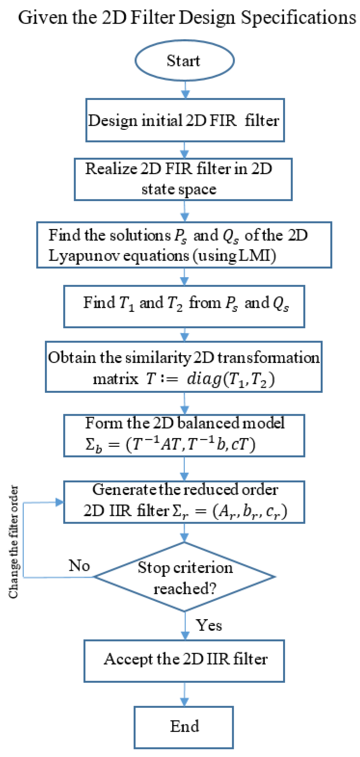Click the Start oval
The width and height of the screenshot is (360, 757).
pyautogui.click(x=184, y=61)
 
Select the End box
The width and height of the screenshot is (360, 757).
pyautogui.click(x=184, y=727)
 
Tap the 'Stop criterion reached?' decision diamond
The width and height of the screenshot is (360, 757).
pyautogui.click(x=184, y=577)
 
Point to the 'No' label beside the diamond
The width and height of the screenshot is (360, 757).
pyautogui.click(x=79, y=566)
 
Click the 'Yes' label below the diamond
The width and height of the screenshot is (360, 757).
pyautogui.click(x=209, y=625)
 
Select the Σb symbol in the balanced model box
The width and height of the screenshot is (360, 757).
pyautogui.click(x=94, y=445)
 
